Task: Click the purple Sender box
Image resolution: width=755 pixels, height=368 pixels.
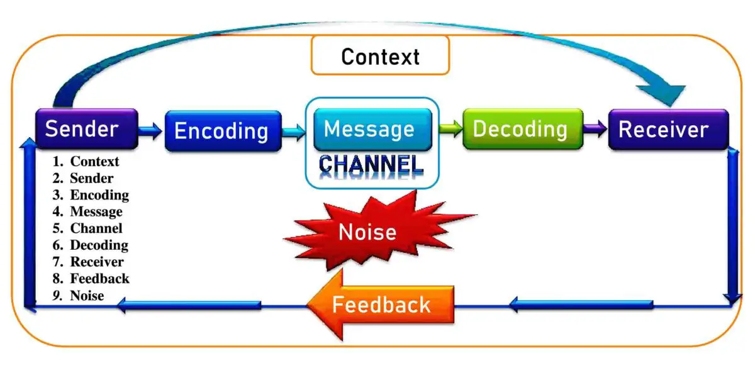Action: (x=86, y=129)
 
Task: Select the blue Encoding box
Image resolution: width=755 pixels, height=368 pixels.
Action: (x=223, y=131)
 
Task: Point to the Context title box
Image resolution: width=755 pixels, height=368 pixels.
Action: (x=380, y=56)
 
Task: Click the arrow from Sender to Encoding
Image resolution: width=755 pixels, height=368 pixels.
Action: (x=151, y=131)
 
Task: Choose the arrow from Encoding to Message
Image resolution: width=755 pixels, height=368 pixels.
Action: (x=294, y=131)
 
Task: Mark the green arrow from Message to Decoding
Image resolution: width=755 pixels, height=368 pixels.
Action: (x=450, y=130)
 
